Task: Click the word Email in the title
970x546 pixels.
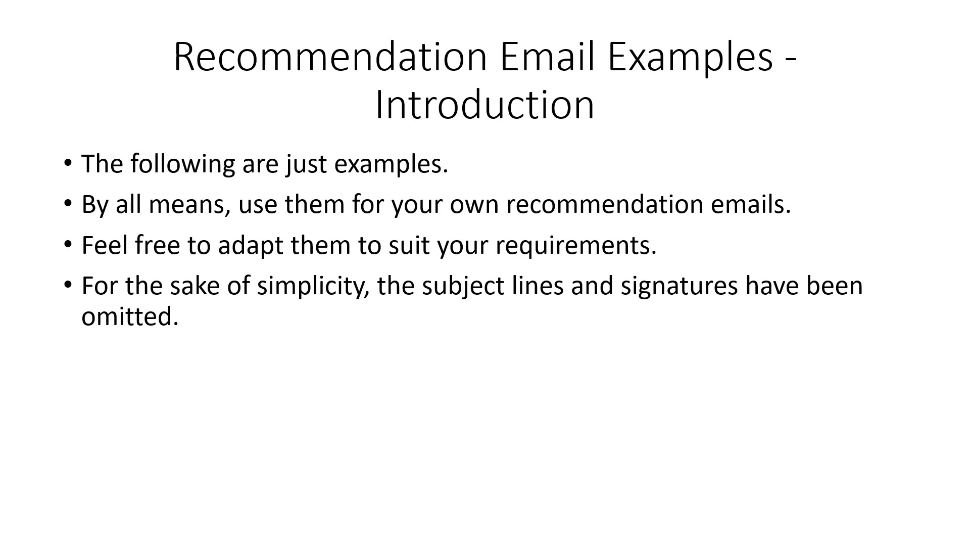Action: coord(549,56)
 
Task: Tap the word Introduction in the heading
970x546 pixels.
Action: coord(484,105)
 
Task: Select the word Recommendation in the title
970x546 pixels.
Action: coord(330,56)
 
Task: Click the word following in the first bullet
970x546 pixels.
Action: coord(183,164)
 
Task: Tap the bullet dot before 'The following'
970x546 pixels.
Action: coord(68,163)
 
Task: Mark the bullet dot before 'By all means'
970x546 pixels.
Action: coord(68,203)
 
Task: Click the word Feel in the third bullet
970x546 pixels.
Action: coord(105,245)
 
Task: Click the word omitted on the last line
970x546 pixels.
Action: coord(130,316)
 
